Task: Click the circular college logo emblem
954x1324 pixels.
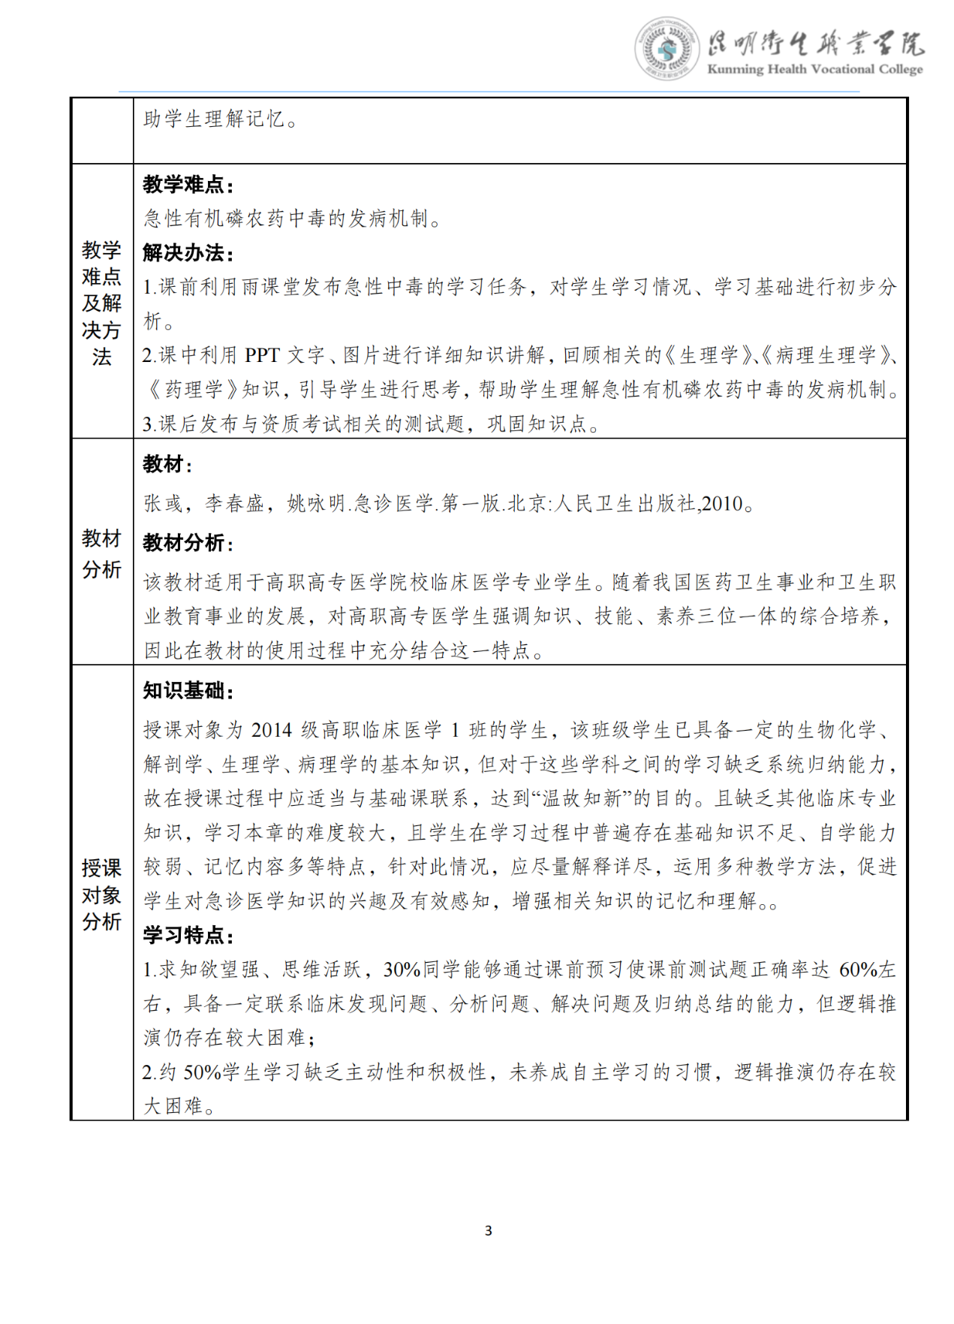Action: point(666,50)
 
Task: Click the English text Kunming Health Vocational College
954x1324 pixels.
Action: point(814,70)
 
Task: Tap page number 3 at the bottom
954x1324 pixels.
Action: point(489,1230)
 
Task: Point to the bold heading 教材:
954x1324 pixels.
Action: point(167,464)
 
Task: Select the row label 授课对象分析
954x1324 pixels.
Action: point(101,894)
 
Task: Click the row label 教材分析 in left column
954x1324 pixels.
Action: point(101,553)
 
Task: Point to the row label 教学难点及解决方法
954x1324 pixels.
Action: point(101,303)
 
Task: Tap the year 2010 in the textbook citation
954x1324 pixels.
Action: point(721,504)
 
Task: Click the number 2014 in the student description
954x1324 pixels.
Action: point(271,730)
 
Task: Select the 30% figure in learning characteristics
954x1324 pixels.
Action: point(402,970)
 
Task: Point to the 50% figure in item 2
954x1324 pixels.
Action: point(202,1072)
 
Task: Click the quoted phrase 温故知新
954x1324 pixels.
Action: point(582,798)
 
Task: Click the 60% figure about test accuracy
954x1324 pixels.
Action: point(858,970)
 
